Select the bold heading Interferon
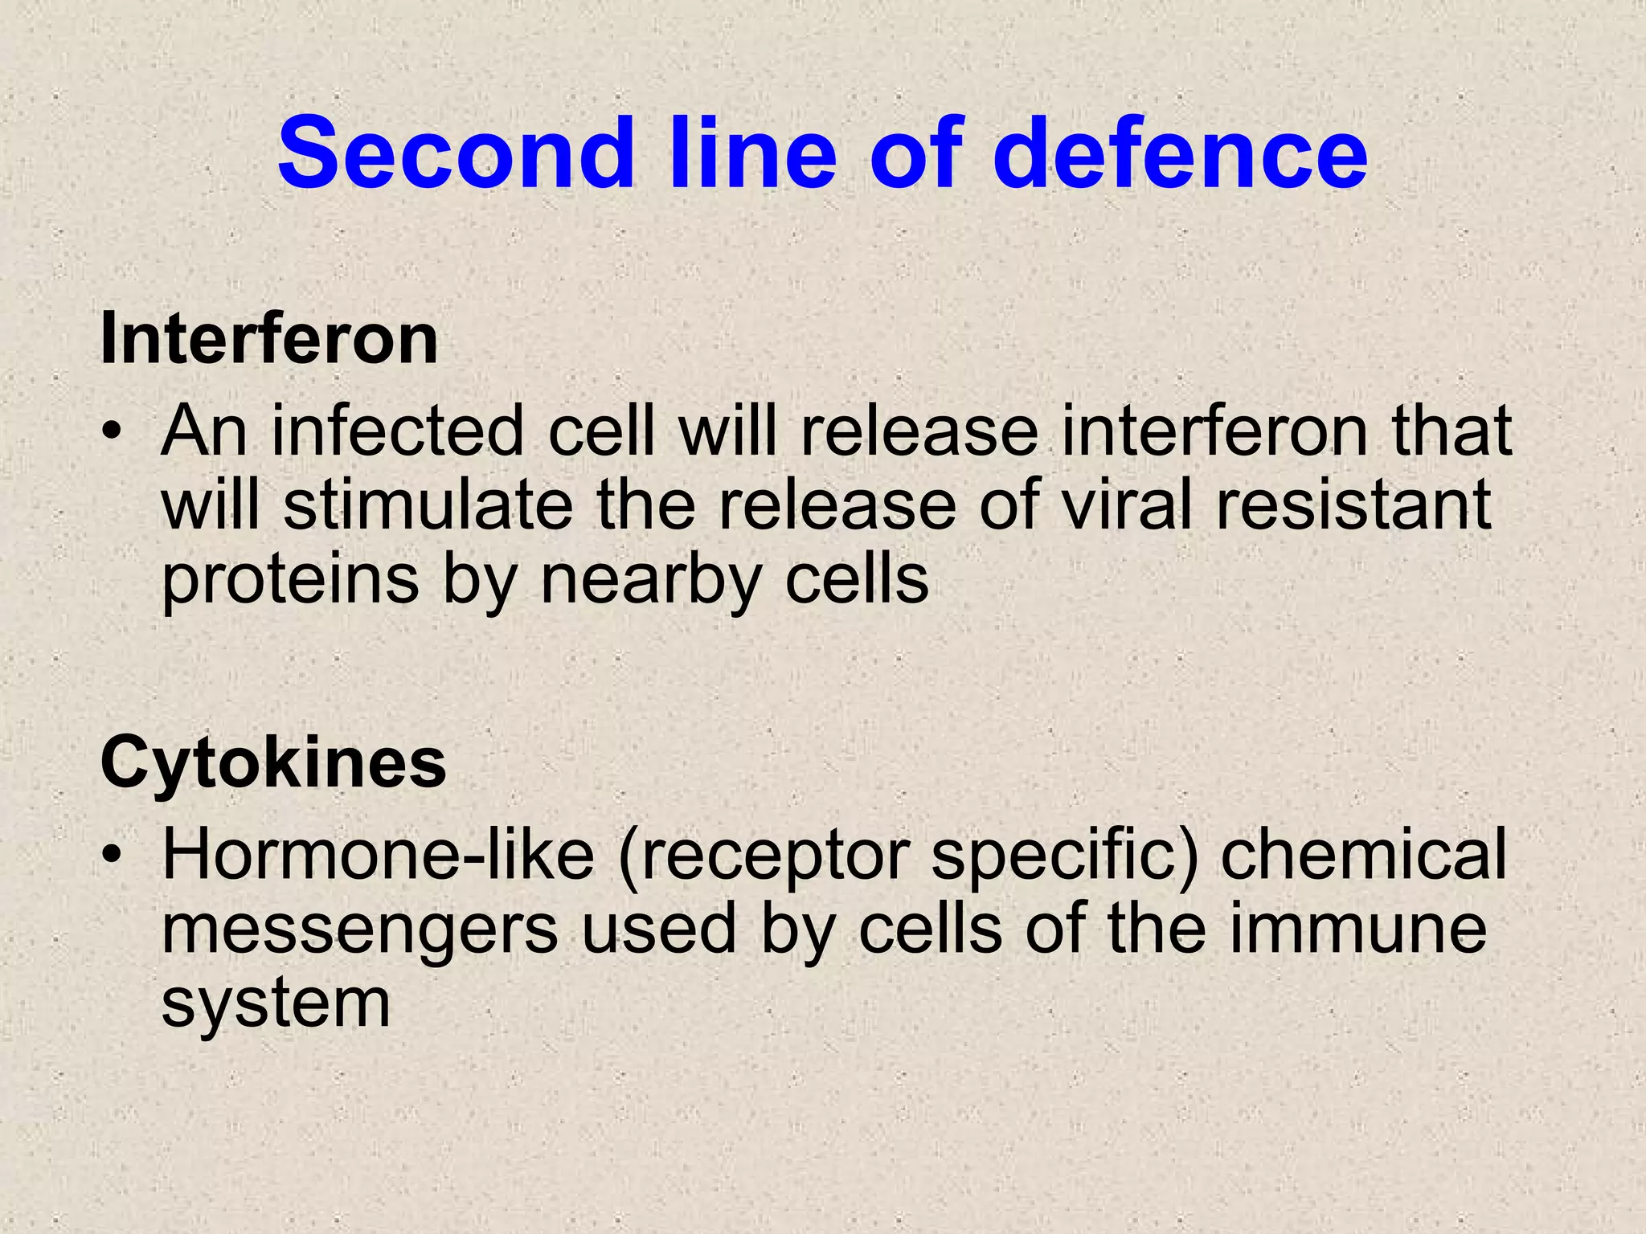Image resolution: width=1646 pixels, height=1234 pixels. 269,340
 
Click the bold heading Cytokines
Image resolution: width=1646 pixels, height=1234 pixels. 273,763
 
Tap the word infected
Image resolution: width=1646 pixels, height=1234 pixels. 398,431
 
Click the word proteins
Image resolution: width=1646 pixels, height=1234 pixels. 290,582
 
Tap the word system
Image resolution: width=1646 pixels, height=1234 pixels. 276,1005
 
